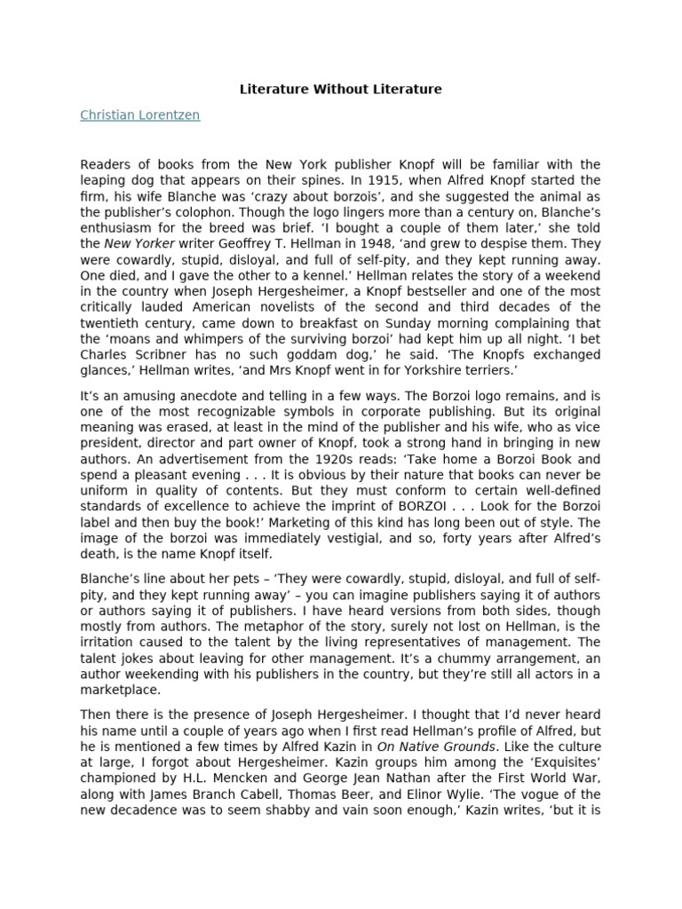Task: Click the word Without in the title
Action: click(341, 90)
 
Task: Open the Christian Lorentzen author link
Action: click(139, 115)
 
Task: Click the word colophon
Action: click(192, 212)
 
